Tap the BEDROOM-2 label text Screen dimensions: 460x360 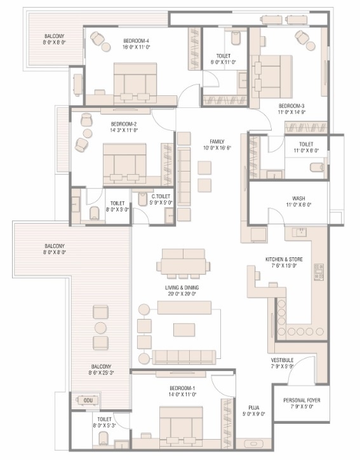(x=123, y=125)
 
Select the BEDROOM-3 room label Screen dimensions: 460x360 (x=291, y=105)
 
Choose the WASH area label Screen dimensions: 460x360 (x=298, y=198)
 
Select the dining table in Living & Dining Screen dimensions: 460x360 (x=183, y=262)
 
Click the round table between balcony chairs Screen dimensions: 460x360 (x=100, y=328)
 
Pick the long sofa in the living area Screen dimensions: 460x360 (x=184, y=357)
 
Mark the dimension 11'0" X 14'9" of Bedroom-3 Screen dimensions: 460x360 (x=291, y=112)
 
